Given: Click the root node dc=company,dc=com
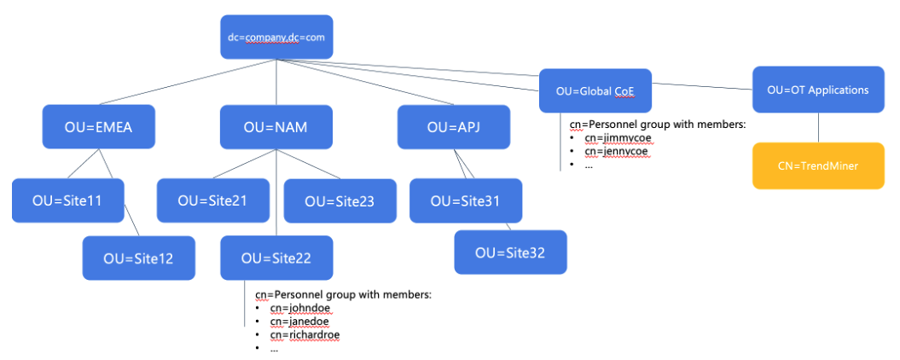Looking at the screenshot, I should [x=276, y=38].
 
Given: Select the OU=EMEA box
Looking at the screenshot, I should [x=99, y=127].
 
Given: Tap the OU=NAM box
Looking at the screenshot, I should [x=276, y=127].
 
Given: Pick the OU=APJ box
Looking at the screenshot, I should [x=454, y=127].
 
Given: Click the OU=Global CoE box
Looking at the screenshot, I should [x=595, y=91].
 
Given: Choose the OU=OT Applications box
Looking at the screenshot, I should [x=817, y=90].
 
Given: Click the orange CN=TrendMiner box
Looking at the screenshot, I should [x=817, y=165].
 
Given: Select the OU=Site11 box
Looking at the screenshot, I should [x=67, y=200].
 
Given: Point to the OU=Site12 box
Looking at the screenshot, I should [x=138, y=258].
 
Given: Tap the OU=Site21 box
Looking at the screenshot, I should [x=212, y=200].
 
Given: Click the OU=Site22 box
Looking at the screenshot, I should [x=276, y=258].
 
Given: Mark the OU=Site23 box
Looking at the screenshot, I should [x=340, y=201].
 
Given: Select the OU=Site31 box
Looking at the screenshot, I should [x=465, y=201].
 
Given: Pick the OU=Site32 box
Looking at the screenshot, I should [x=510, y=253].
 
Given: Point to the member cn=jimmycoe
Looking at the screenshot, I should [x=615, y=138].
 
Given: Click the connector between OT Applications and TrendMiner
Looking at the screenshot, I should [x=818, y=127].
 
